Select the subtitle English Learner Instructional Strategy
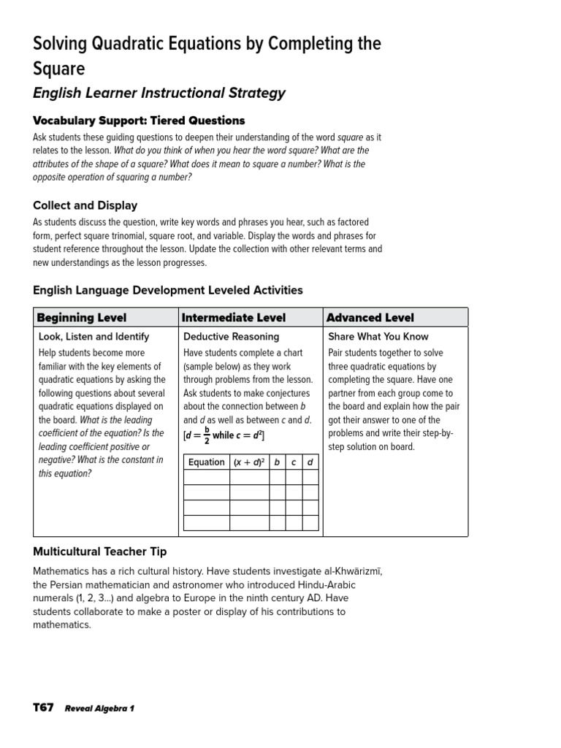pos(159,93)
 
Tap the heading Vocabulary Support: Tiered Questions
pos(139,121)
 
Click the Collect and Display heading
pos(85,205)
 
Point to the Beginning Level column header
pos(81,318)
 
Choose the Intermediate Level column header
pos(233,318)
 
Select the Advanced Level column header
pos(370,318)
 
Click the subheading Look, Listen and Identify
pos(93,337)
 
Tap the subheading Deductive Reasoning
pos(231,337)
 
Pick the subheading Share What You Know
pos(378,337)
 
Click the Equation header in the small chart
pos(207,462)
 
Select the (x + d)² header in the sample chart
pos(249,462)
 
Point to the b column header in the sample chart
pos(277,462)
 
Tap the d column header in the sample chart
pos(310,462)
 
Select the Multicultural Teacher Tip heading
pos(104,551)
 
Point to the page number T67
pos(43,708)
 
